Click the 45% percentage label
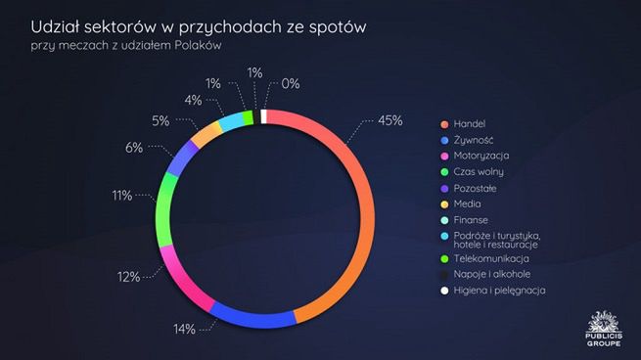point(390,121)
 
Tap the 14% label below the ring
point(185,329)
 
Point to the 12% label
point(128,277)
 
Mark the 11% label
point(121,196)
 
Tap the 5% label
point(160,120)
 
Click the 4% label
point(193,99)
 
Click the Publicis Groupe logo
point(603,330)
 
